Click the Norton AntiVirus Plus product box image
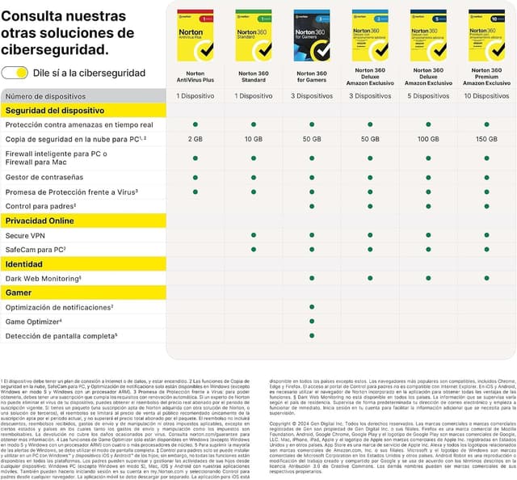click(x=195, y=35)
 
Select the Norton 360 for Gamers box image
click(x=312, y=35)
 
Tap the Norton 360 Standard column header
click(x=254, y=77)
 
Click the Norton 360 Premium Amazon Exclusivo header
click(x=486, y=77)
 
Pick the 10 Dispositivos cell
click(x=486, y=96)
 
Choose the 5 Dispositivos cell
click(x=428, y=96)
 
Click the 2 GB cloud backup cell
click(x=195, y=139)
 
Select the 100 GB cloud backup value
click(x=428, y=139)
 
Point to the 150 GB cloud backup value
click(x=486, y=139)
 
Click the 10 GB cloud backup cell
click(x=254, y=139)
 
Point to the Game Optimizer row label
click(x=34, y=322)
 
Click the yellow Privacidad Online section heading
click(x=40, y=221)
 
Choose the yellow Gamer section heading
click(x=19, y=293)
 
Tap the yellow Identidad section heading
click(x=23, y=263)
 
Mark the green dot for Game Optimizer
click(x=312, y=322)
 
